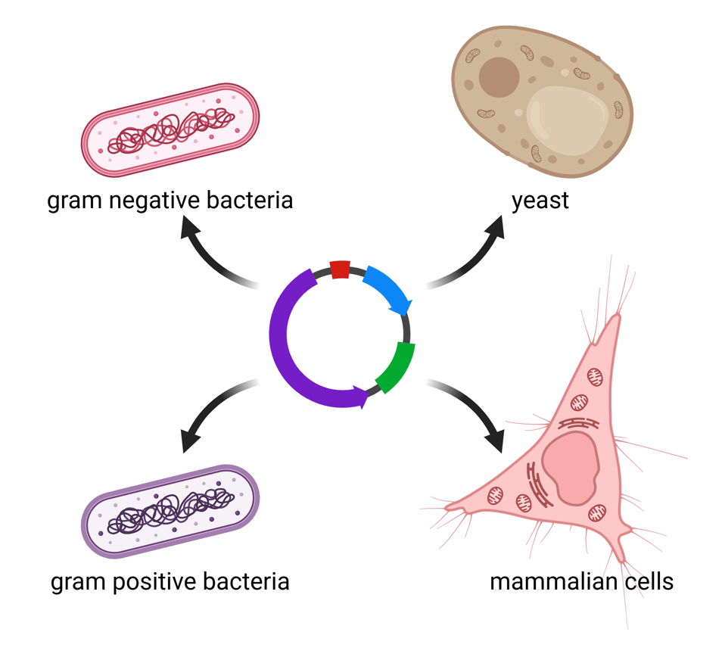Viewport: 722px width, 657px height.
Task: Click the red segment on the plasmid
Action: pos(340,269)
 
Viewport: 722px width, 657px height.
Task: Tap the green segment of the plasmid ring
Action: pos(397,367)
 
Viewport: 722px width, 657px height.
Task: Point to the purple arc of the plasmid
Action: pos(291,356)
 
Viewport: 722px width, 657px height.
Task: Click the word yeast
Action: pos(540,202)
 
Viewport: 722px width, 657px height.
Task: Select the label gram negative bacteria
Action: pos(170,202)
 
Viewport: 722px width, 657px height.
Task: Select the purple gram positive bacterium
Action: pos(170,511)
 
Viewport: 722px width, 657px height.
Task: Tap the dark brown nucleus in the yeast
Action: pos(499,78)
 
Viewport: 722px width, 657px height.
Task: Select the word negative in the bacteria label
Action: pos(156,202)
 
